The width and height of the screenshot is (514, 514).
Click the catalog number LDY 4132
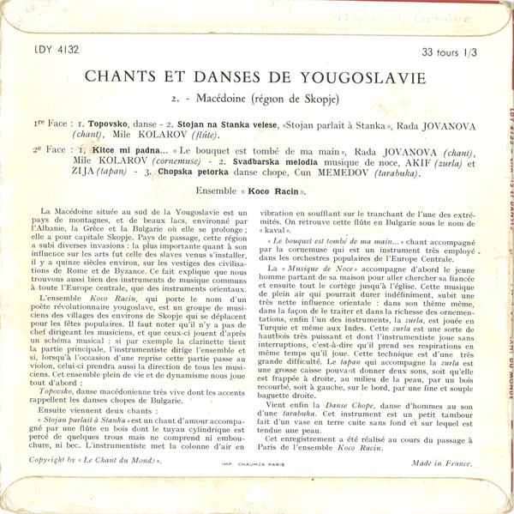[x=57, y=51]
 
